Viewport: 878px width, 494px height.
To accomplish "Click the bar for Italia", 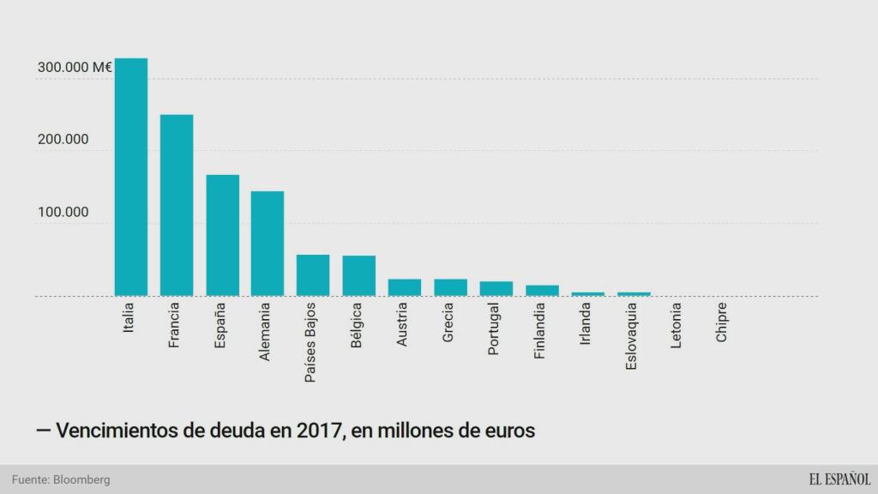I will [x=131, y=177].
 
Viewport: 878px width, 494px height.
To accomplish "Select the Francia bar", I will [x=177, y=205].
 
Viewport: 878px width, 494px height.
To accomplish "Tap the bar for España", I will [x=222, y=235].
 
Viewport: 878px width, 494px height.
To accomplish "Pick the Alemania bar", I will [x=268, y=244].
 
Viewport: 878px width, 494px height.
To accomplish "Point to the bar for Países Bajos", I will [x=313, y=275].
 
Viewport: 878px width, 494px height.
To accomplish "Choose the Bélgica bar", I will [x=358, y=276].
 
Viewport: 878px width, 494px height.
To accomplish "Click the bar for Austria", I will [x=405, y=287].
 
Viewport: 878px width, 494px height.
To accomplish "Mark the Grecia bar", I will [x=450, y=287].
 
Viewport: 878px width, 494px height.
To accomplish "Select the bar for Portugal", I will [x=496, y=289].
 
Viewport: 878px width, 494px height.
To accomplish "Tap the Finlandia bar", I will [x=542, y=291].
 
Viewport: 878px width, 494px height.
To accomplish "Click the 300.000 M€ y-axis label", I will [x=75, y=68].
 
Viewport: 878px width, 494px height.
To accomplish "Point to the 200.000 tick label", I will [x=63, y=140].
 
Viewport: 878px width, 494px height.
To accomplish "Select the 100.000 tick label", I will [x=63, y=212].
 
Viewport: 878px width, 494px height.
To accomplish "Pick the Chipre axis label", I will [x=722, y=322].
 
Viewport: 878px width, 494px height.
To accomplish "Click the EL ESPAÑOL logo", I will [x=839, y=479].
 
